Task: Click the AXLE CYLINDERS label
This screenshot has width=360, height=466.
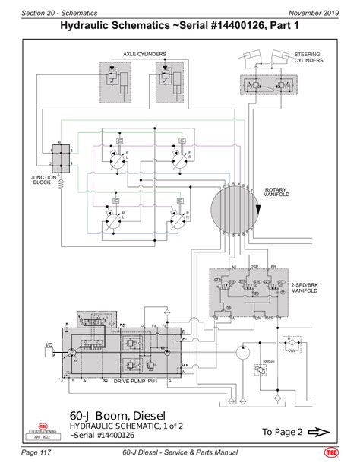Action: tap(144, 54)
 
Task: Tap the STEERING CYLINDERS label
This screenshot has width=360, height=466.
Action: tap(307, 57)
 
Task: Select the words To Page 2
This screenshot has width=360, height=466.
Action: tap(282, 432)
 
